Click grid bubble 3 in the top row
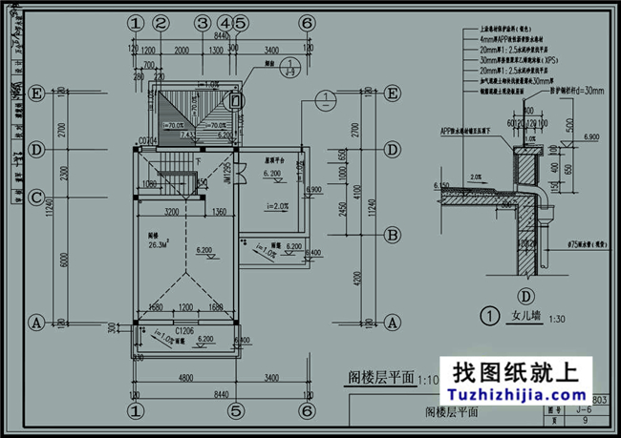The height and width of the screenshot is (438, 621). (x=202, y=23)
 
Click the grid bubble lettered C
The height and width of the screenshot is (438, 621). (x=36, y=198)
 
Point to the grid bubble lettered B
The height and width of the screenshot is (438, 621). (x=393, y=234)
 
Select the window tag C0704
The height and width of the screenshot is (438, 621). (x=147, y=140)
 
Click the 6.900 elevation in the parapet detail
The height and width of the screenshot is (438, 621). (x=590, y=138)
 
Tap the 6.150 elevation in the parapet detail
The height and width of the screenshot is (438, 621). (x=440, y=185)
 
